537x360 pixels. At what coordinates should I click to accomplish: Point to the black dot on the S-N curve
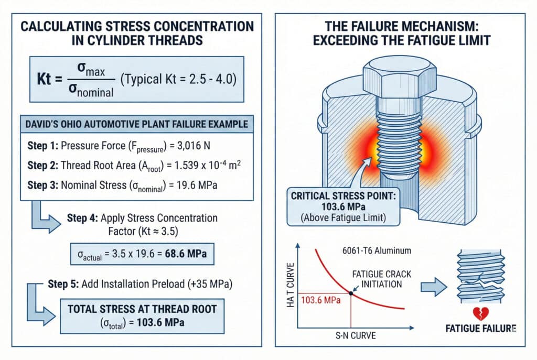350,292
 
